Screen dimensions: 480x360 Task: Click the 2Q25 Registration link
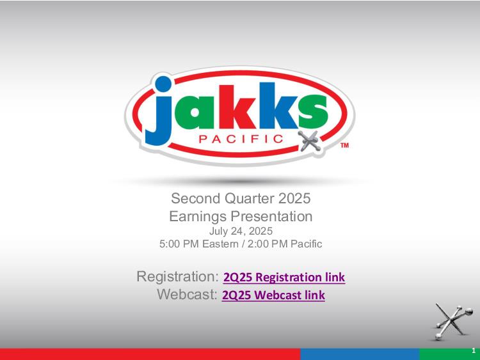[284, 277]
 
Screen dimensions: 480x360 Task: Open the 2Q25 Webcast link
[273, 295]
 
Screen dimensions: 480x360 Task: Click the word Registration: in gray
[177, 276]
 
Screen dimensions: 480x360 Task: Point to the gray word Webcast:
[188, 294]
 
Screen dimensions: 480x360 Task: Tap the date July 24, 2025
[241, 231]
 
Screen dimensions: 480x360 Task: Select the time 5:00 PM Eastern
[198, 244]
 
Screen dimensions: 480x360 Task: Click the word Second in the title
[196, 198]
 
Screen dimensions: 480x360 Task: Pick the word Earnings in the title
[198, 217]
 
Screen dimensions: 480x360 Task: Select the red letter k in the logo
[237, 106]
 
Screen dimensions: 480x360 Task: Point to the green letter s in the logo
[313, 111]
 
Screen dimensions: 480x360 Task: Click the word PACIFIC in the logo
[241, 139]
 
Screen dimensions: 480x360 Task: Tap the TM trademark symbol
[345, 145]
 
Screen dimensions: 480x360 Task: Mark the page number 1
[474, 350]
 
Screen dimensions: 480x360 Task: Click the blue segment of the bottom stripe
[360, 354]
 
